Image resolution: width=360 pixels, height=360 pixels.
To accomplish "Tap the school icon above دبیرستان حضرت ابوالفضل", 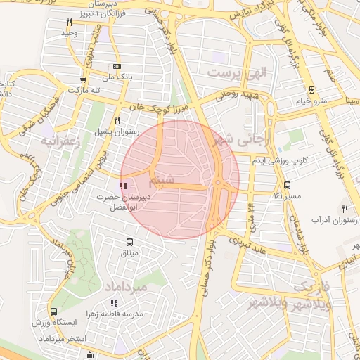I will [x=124, y=186].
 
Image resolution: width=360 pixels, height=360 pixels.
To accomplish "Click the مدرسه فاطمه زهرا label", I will [x=111, y=312].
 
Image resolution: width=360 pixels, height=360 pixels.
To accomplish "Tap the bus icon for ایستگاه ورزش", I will [x=54, y=311].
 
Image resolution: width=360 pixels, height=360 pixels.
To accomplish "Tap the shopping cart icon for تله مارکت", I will [x=84, y=79].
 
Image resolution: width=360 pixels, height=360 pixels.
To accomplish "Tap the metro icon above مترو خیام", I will [x=311, y=90].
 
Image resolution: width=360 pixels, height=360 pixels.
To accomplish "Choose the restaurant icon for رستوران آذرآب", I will [x=345, y=209].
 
